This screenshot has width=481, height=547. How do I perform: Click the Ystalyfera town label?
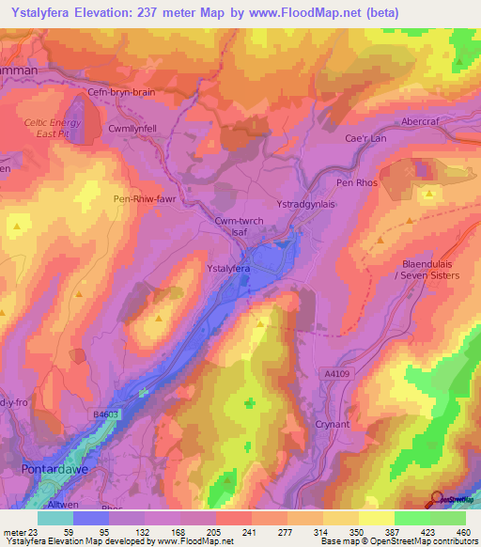pos(227,268)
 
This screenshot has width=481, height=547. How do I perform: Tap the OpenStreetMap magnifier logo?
pos(438,500)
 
